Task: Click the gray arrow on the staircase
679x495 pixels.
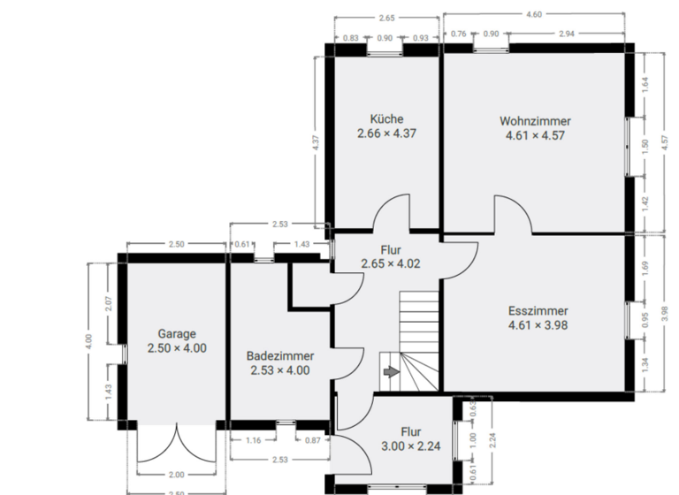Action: [x=389, y=373]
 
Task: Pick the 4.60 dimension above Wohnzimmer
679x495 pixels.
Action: [x=534, y=14]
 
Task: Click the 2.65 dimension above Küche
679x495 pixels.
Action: [x=386, y=18]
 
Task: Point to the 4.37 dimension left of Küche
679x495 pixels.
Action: [x=316, y=143]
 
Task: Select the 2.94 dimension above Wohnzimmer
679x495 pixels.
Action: [x=567, y=34]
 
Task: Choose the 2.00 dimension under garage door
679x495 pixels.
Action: [x=177, y=475]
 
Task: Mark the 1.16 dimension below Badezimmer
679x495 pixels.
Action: [x=252, y=439]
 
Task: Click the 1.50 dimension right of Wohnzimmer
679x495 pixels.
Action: [x=645, y=147]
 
